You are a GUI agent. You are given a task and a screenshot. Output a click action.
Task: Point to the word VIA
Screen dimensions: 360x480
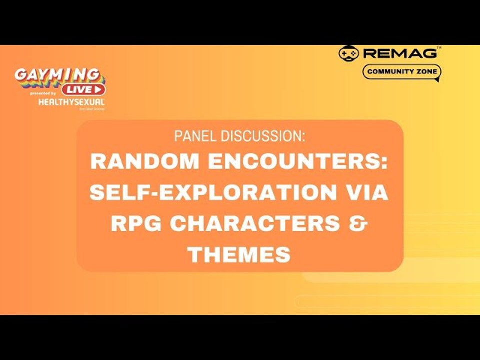tap(367, 193)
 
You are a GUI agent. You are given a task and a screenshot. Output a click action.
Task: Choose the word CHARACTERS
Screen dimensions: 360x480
tap(252, 224)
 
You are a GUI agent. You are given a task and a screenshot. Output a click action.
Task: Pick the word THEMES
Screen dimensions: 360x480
tap(239, 255)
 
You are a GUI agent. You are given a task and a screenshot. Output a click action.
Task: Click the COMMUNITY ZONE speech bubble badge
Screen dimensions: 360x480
tap(402, 72)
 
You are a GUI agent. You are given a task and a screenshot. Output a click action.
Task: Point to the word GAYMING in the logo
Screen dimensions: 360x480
tap(56, 75)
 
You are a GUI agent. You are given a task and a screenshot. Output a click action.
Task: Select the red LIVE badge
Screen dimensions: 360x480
tap(83, 90)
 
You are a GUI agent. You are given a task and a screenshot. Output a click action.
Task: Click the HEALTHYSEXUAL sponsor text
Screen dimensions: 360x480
tap(71, 101)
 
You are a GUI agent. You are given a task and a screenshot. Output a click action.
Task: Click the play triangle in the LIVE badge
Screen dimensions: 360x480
tap(98, 90)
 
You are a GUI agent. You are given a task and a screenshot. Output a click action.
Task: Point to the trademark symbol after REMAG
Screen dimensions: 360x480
tap(439, 49)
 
